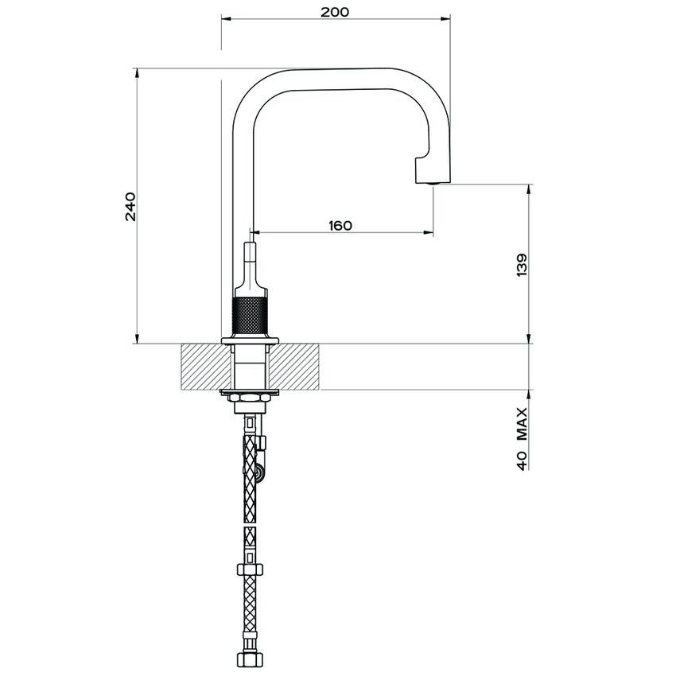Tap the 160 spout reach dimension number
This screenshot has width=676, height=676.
point(340,225)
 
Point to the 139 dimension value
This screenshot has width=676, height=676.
point(521,266)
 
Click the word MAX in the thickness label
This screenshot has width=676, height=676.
point(522,424)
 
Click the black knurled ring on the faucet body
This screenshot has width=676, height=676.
point(251,317)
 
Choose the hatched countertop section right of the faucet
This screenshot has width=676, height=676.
point(298,367)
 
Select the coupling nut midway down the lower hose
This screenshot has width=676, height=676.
point(251,570)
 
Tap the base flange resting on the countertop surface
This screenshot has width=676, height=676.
point(251,340)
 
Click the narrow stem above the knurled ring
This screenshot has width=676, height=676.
point(251,258)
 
